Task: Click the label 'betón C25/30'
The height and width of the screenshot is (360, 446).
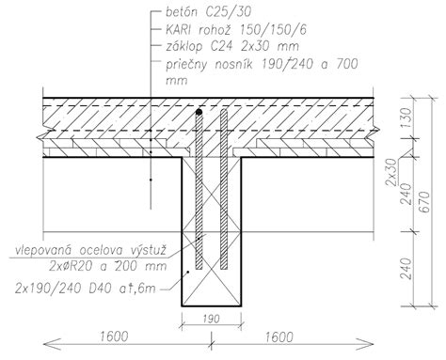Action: (x=208, y=12)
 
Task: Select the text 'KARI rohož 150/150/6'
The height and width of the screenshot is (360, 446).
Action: (x=236, y=30)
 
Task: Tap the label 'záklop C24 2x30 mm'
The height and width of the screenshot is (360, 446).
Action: (x=232, y=47)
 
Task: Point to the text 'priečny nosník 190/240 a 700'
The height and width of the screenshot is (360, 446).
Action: (x=262, y=64)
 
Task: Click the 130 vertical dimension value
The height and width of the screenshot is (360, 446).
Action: (x=406, y=117)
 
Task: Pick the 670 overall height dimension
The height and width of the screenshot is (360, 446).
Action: (x=424, y=202)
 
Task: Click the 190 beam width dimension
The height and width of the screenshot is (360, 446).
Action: (x=211, y=320)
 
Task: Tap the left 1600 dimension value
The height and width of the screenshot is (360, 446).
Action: (x=114, y=337)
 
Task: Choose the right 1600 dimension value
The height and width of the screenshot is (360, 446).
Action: (x=279, y=337)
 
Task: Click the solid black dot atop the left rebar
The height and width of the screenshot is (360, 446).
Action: (x=199, y=112)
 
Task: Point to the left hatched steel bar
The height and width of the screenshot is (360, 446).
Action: (x=199, y=190)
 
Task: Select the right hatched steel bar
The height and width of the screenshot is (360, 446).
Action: (x=224, y=189)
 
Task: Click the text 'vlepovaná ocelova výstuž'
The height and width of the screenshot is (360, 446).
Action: (x=90, y=251)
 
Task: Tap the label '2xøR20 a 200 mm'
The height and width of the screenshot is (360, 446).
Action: (x=107, y=266)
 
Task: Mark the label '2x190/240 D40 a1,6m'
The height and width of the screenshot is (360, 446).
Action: (x=86, y=289)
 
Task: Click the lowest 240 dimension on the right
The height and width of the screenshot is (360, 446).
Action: (x=406, y=269)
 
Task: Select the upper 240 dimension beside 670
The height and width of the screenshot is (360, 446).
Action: (x=406, y=194)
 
